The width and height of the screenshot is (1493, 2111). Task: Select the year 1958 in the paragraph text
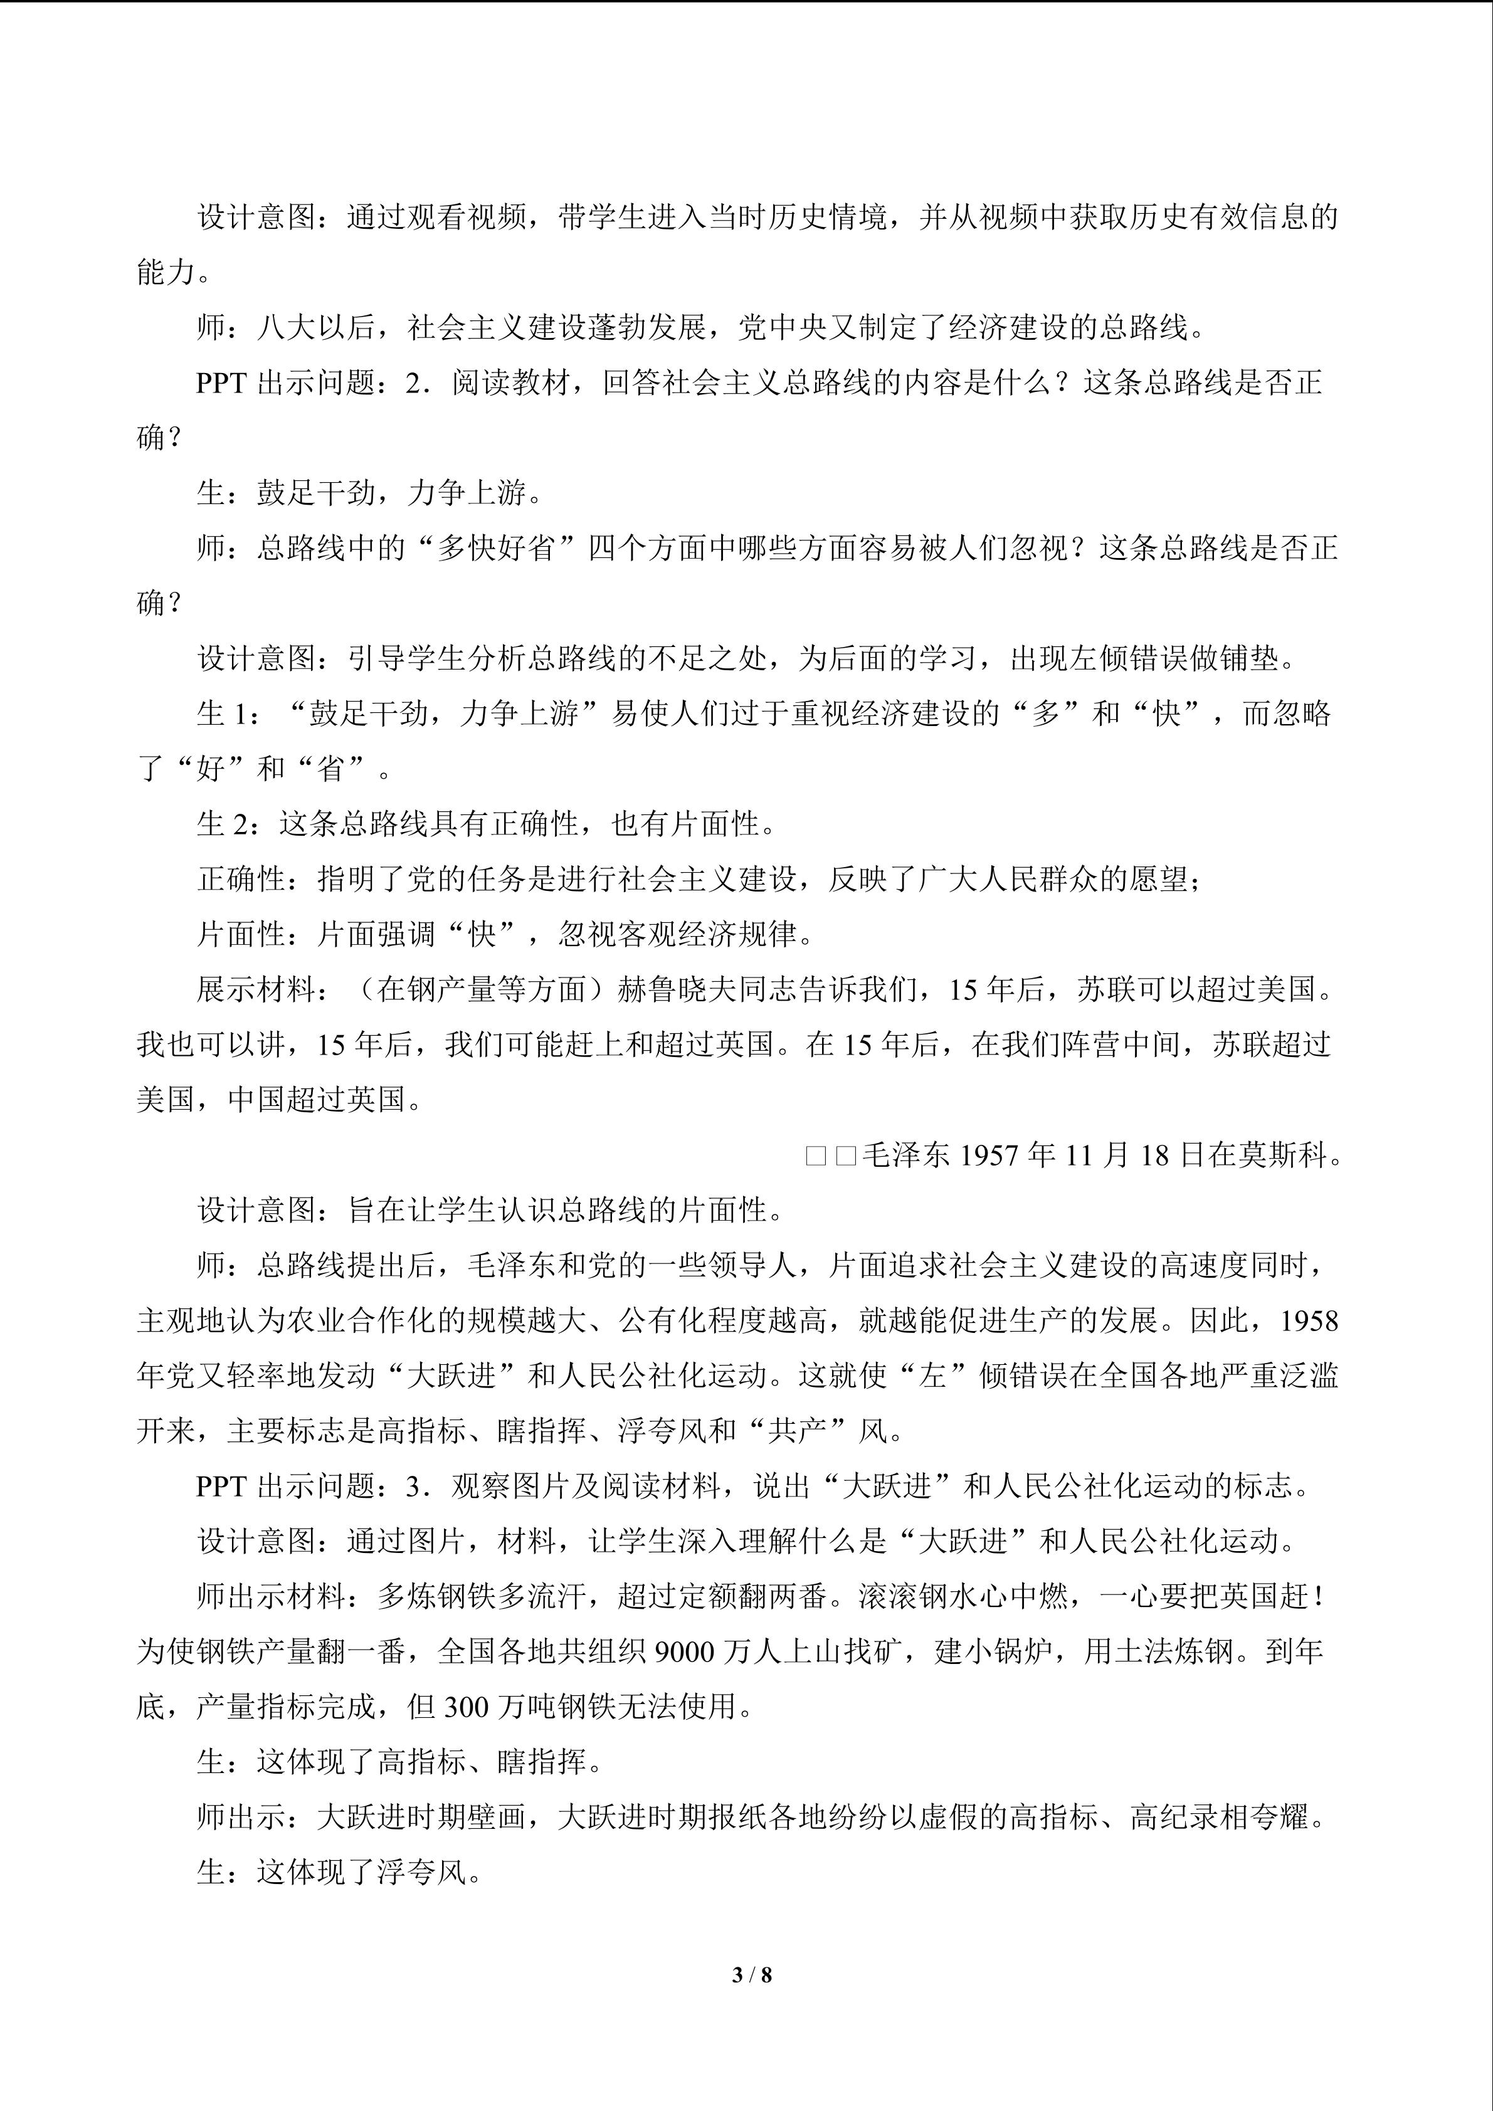coord(1309,1321)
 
